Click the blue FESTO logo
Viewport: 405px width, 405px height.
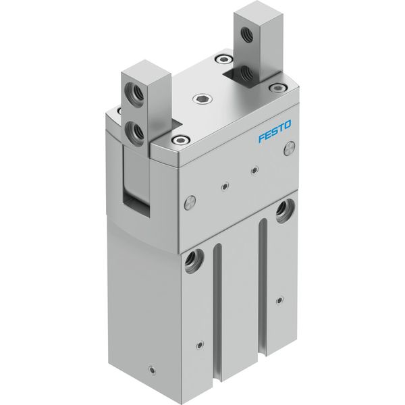(x=275, y=131)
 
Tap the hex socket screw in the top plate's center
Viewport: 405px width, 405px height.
(x=202, y=99)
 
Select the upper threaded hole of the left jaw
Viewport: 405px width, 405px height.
(x=134, y=92)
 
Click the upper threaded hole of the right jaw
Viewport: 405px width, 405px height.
(x=247, y=34)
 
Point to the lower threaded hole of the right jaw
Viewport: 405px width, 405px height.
(x=245, y=73)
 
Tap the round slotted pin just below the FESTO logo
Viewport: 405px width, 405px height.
(x=290, y=149)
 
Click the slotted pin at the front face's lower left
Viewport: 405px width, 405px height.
(x=190, y=202)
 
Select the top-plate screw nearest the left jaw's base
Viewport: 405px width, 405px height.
(x=180, y=140)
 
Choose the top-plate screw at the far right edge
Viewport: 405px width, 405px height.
(x=277, y=88)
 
